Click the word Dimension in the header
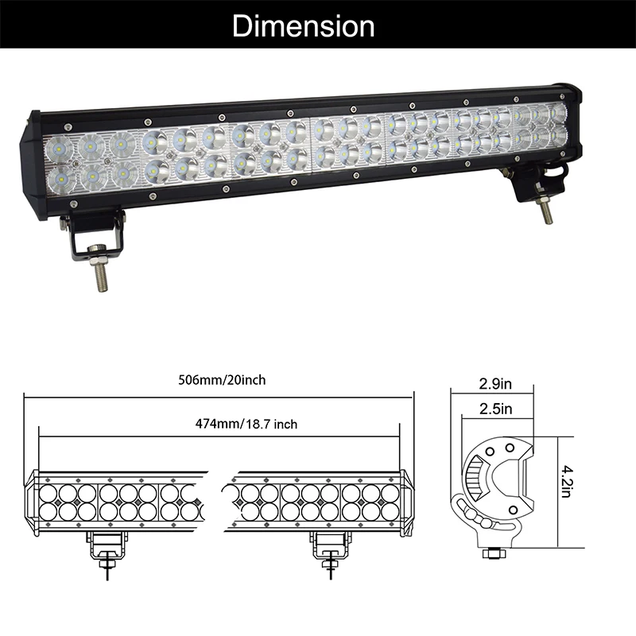tap(303, 26)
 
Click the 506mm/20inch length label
tap(222, 380)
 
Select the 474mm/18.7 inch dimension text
tap(246, 424)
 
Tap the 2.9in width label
tap(495, 384)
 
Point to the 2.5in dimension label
tap(495, 409)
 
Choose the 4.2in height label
tap(566, 482)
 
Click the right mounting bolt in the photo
tap(545, 209)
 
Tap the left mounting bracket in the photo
tap(92, 234)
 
